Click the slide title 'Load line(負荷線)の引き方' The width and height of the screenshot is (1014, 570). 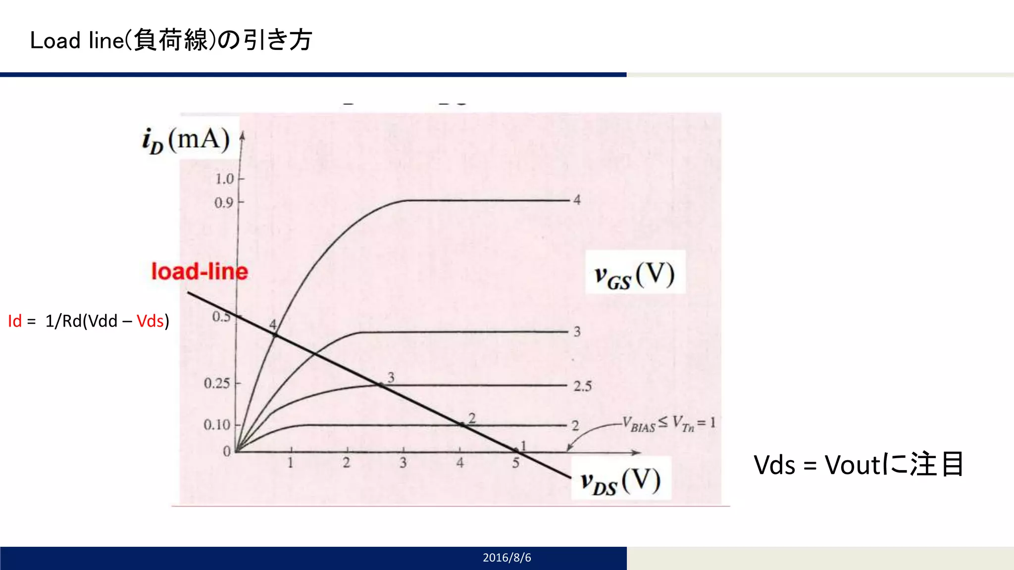tap(171, 40)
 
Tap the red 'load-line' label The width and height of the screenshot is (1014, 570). tap(199, 272)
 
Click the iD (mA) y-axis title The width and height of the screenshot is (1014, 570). tap(186, 140)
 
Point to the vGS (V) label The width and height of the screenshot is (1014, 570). tap(634, 275)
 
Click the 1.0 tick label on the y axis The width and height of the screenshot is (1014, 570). tap(224, 179)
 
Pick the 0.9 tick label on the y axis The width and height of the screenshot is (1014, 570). tap(224, 203)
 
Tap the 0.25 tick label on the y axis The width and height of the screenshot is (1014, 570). tap(217, 383)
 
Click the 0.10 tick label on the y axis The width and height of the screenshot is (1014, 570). tap(217, 425)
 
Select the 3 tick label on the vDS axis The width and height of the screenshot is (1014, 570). tap(403, 463)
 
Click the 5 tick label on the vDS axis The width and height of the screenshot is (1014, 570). tap(516, 463)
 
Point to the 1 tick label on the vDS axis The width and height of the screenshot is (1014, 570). tap(291, 463)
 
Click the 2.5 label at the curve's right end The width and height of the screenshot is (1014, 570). tap(582, 386)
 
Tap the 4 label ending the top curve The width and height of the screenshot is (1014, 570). tap(577, 200)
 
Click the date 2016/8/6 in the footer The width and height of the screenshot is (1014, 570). tap(507, 558)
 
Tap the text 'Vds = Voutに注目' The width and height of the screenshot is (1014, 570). tap(859, 465)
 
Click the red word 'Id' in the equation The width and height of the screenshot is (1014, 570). tap(15, 321)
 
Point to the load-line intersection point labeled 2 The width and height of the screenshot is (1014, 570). tap(461, 425)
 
